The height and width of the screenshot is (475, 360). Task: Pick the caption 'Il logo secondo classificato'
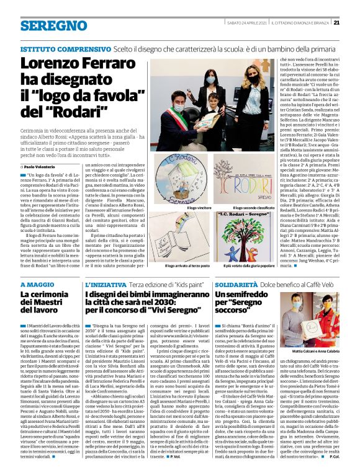click(255, 207)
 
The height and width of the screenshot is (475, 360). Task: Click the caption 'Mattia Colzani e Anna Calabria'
click(317, 369)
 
